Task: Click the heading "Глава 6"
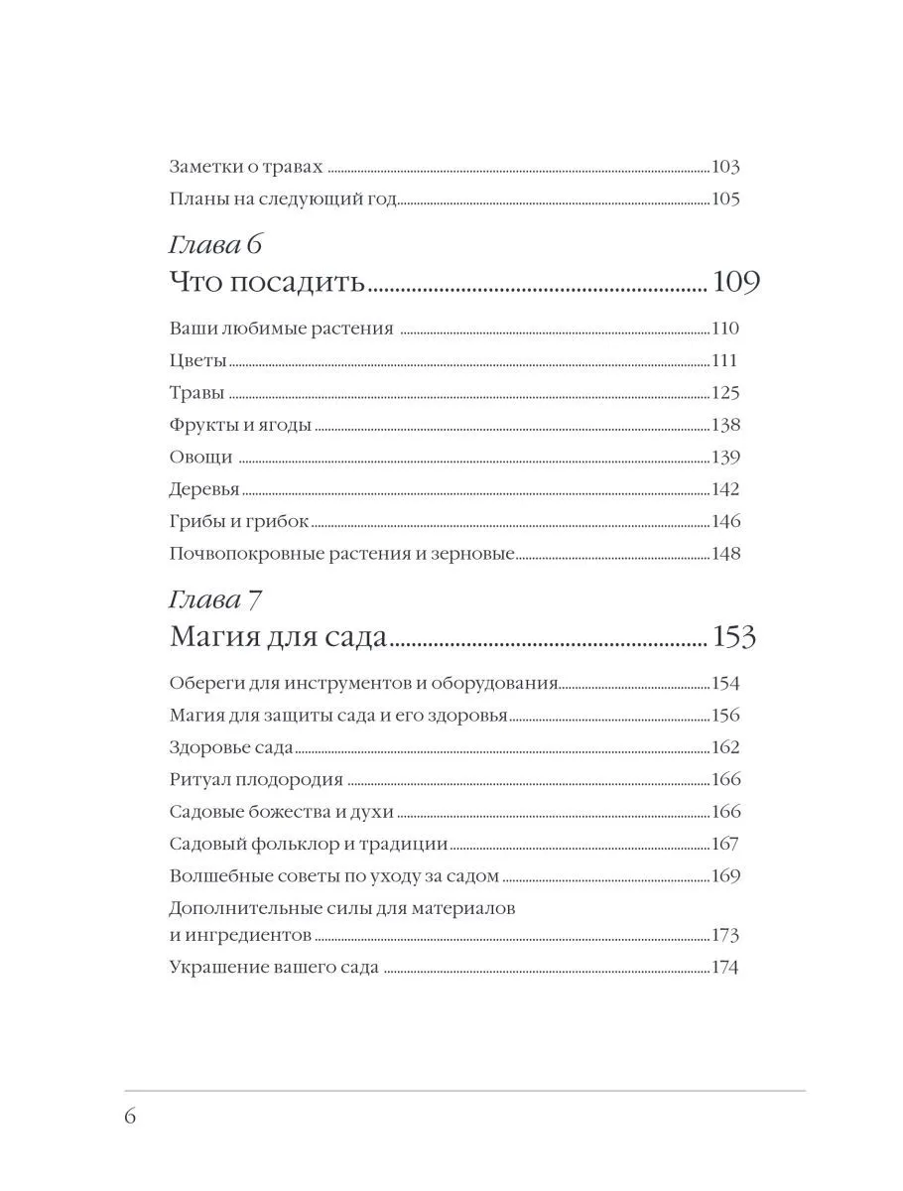click(x=214, y=245)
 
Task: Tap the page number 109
click(x=734, y=283)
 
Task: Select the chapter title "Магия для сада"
click(x=278, y=635)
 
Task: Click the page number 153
click(x=734, y=635)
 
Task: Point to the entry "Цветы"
click(x=198, y=361)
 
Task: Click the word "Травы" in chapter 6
click(x=196, y=393)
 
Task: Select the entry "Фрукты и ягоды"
click(x=241, y=425)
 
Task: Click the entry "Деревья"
click(x=205, y=489)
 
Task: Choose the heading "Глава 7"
click(x=214, y=599)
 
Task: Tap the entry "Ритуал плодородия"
click(x=256, y=780)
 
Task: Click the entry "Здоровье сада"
click(x=231, y=747)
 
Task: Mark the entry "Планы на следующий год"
click(x=283, y=199)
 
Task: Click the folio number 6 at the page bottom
click(x=130, y=1116)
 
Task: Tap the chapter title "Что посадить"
click(x=268, y=283)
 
